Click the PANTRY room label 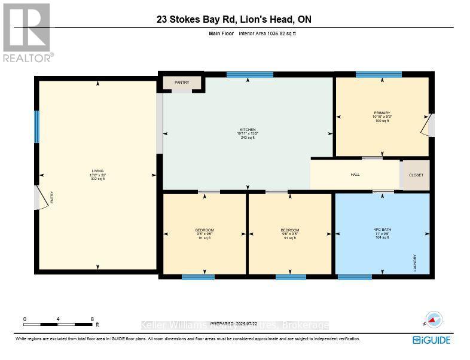pos(182,83)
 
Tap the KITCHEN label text pos(248,130)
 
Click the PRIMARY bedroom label pos(382,113)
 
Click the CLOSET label pos(416,176)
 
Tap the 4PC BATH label pos(382,230)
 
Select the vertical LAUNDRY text pos(414,263)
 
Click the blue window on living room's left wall pos(36,126)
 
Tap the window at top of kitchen pos(250,74)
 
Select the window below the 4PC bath pos(354,276)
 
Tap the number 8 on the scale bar pos(92,319)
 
